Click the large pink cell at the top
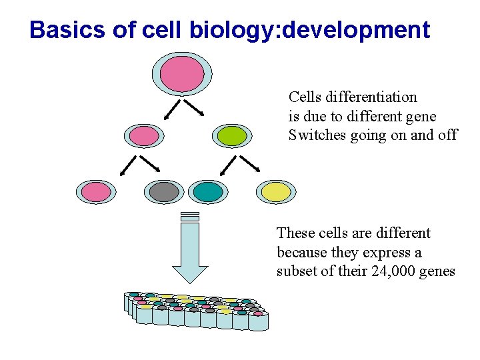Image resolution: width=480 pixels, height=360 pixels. click(182, 73)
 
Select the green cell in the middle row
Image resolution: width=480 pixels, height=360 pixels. click(232, 136)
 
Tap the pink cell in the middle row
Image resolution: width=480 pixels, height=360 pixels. click(144, 136)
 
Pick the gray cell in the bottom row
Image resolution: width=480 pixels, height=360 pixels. click(164, 192)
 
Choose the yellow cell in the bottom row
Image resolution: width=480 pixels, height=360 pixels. click(277, 192)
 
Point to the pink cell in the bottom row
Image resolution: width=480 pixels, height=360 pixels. click(97, 192)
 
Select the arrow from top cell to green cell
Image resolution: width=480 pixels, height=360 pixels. click(193, 108)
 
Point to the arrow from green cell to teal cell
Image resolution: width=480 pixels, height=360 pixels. click(228, 164)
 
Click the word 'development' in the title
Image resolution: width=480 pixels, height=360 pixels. click(357, 30)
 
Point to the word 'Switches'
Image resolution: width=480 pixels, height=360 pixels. click(315, 135)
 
